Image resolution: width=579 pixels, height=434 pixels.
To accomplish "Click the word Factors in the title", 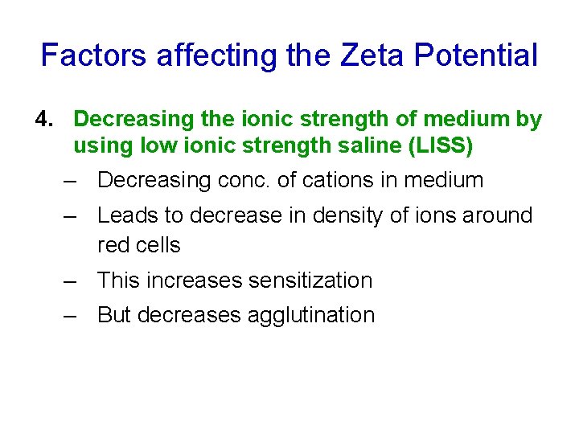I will [94, 55].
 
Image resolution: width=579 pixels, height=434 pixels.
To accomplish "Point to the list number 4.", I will [43, 120].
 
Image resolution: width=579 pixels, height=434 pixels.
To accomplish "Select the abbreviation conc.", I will [244, 180].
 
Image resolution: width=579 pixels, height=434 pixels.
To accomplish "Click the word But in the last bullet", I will [114, 315].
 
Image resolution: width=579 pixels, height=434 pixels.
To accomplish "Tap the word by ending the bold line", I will [528, 120].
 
